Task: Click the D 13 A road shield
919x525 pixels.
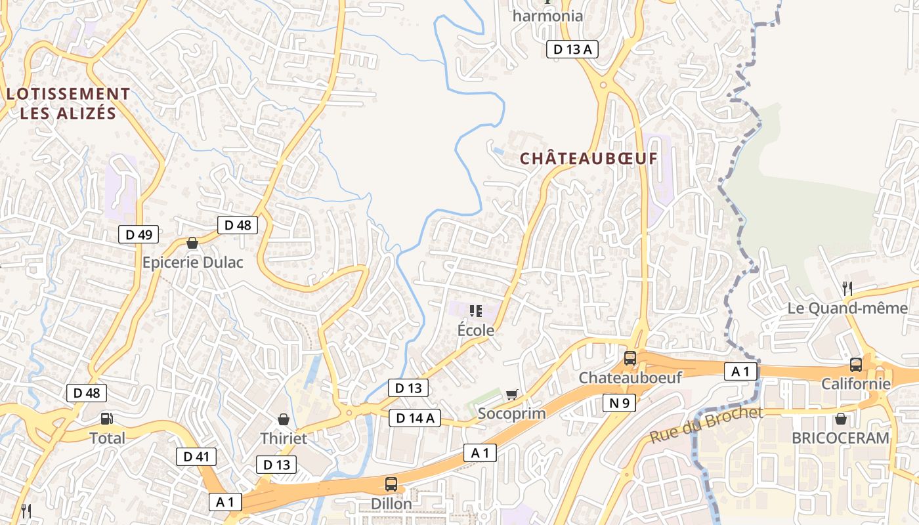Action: point(572,49)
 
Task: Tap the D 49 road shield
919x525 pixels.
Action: point(139,234)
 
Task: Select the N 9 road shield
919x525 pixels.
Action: point(619,403)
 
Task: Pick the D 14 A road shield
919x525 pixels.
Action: point(414,418)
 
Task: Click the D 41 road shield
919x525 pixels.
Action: point(196,457)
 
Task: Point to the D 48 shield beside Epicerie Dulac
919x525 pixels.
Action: point(238,225)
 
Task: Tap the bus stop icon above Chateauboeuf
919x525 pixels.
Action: point(630,358)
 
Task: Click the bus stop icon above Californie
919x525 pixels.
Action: point(856,365)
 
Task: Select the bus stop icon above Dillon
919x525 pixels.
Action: point(391,485)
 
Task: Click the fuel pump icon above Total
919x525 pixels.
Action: point(106,419)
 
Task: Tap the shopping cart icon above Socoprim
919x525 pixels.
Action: point(512,394)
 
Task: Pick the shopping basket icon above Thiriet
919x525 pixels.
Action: point(284,419)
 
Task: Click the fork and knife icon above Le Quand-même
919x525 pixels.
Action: point(847,288)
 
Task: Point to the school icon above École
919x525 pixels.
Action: point(476,310)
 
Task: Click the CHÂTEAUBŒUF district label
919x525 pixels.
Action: point(588,159)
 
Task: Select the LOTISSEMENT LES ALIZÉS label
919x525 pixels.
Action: point(68,104)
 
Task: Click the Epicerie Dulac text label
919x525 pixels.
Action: point(193,262)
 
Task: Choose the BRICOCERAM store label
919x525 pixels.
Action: point(840,438)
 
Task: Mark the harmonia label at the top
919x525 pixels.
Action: point(547,16)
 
